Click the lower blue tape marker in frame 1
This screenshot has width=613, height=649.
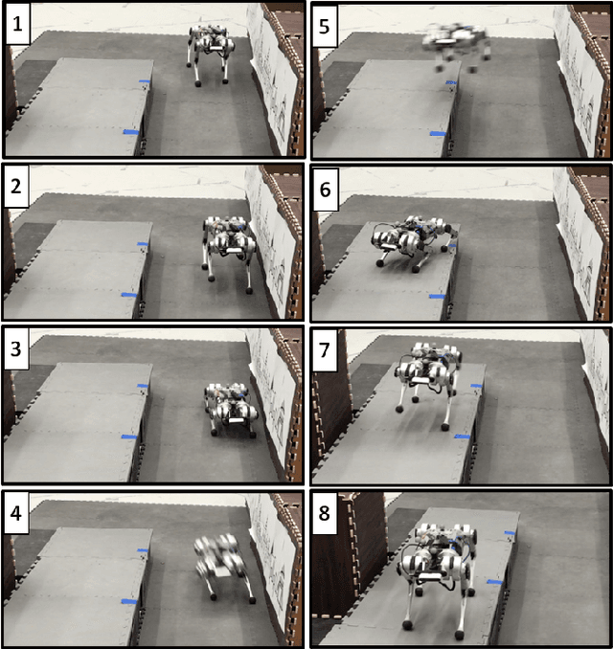tap(131, 132)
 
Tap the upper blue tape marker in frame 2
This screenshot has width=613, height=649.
tap(143, 244)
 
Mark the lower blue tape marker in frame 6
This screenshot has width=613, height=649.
tap(436, 297)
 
